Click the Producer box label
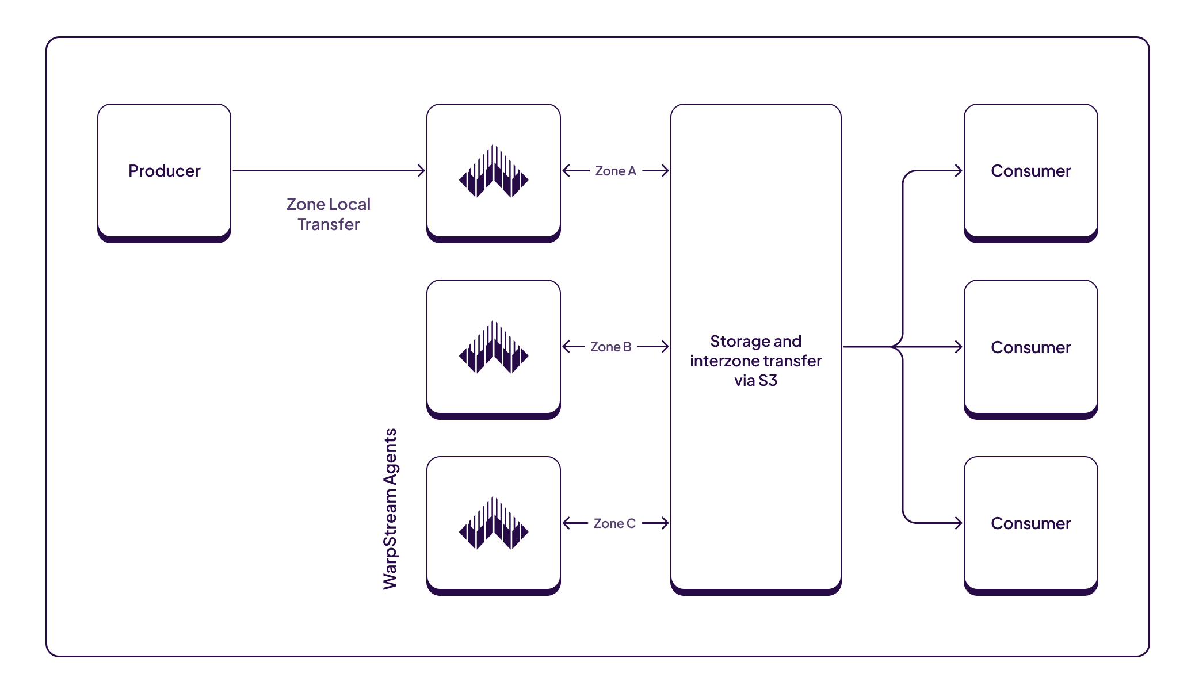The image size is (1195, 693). (164, 171)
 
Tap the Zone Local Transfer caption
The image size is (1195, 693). (329, 214)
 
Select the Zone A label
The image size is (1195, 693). (615, 171)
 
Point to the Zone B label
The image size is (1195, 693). (610, 347)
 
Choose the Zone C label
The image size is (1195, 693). (614, 523)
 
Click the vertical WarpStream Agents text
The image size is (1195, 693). (390, 509)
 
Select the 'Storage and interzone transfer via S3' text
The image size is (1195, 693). (755, 361)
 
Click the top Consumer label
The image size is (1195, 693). (1030, 171)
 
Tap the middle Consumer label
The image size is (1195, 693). (1030, 347)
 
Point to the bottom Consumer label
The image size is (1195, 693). (1030, 523)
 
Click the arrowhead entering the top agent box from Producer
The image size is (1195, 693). (422, 170)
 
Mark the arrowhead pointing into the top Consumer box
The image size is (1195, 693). (959, 170)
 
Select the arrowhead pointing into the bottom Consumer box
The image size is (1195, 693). (959, 523)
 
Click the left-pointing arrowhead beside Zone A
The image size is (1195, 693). (566, 170)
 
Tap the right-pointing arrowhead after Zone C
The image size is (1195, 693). (665, 523)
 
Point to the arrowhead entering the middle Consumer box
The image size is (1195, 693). (959, 347)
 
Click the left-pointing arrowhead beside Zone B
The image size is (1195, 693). (566, 346)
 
